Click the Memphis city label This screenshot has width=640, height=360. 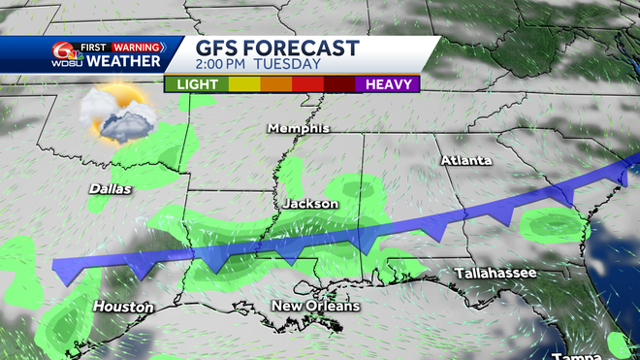click(299, 129)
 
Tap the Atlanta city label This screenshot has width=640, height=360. click(466, 159)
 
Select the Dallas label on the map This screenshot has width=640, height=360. click(109, 189)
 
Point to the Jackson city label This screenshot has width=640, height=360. click(310, 205)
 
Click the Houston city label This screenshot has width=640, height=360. click(123, 307)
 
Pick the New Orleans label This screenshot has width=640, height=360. click(315, 307)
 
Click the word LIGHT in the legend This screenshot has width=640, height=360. click(198, 84)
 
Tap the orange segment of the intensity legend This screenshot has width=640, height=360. click(278, 84)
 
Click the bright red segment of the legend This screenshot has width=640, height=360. click(308, 84)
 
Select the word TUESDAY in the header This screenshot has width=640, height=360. click(289, 65)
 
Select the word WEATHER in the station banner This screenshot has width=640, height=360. click(123, 62)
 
